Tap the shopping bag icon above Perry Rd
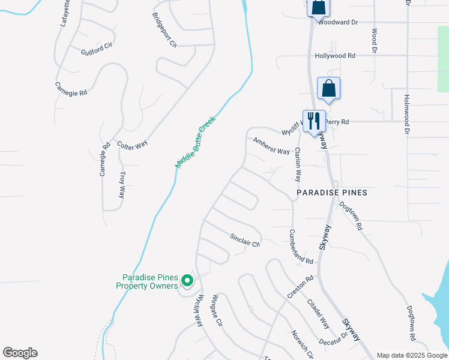point(328,88)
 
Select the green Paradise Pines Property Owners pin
point(187,280)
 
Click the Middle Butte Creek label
point(195,142)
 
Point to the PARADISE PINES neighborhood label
point(332,193)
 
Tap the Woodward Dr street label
point(337,22)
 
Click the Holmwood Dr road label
point(406,114)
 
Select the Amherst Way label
point(271,146)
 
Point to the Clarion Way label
point(297,166)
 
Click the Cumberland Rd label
point(301,247)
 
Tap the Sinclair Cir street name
point(245,240)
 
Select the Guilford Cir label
point(97,49)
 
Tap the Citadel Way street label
point(318,314)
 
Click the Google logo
point(20,353)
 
